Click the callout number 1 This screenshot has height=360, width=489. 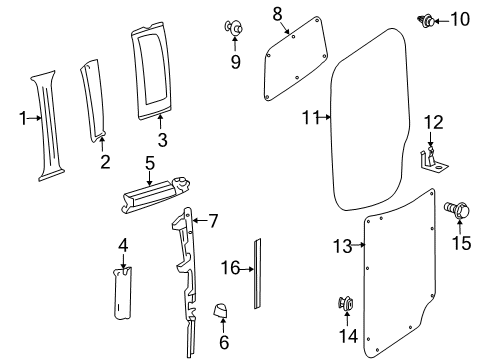tap(23, 119)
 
